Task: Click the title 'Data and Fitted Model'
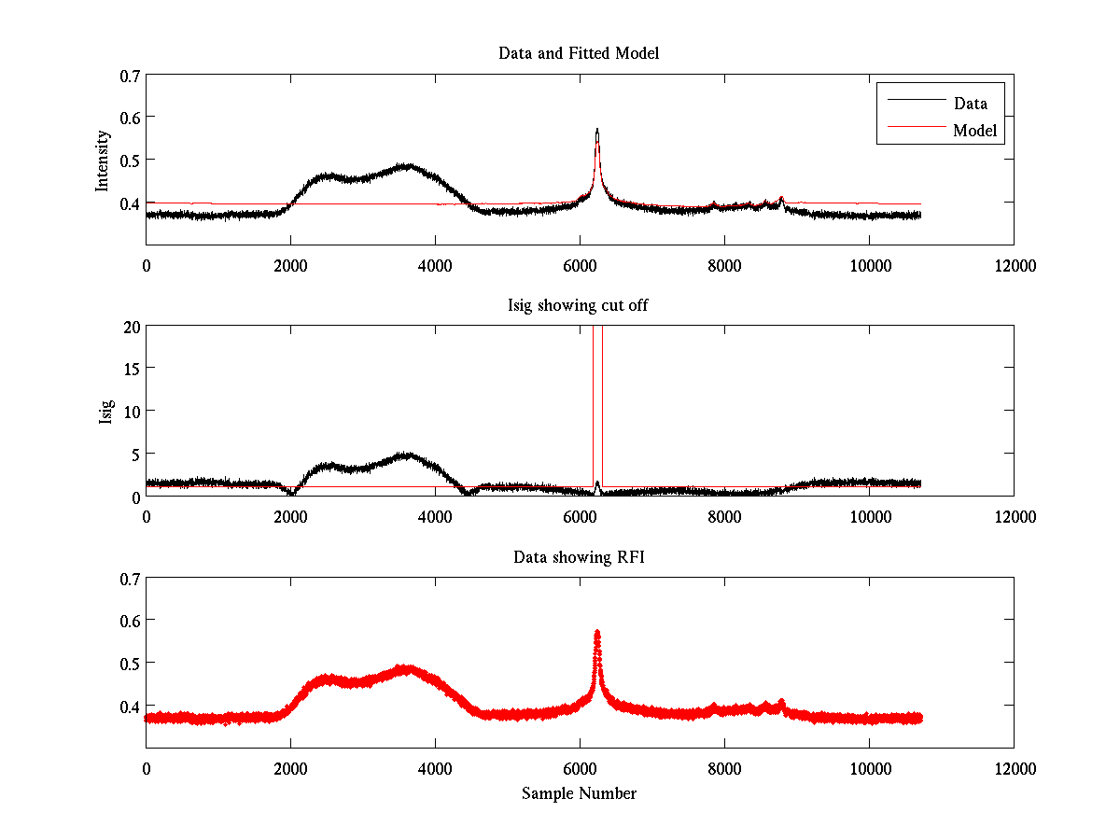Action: tap(579, 53)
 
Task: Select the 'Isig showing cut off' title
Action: tap(579, 305)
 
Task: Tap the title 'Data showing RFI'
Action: tap(579, 557)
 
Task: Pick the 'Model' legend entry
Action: tap(974, 131)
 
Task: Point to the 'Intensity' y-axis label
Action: tap(104, 161)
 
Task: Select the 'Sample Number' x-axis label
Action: tap(579, 794)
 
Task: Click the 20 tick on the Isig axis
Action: tap(129, 327)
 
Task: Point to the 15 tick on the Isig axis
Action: tap(129, 369)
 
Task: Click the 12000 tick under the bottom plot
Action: tap(1014, 769)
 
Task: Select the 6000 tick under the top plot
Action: tap(580, 266)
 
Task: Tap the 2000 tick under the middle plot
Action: tap(290, 518)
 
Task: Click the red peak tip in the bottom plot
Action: tap(597, 633)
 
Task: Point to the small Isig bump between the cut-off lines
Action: tap(597, 483)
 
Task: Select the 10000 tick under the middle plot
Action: tap(869, 518)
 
